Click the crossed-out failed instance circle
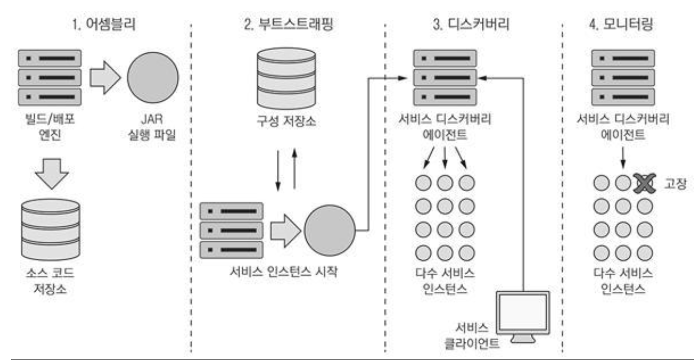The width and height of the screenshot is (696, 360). [641, 183]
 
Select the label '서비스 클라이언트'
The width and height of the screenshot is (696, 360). [478, 336]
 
